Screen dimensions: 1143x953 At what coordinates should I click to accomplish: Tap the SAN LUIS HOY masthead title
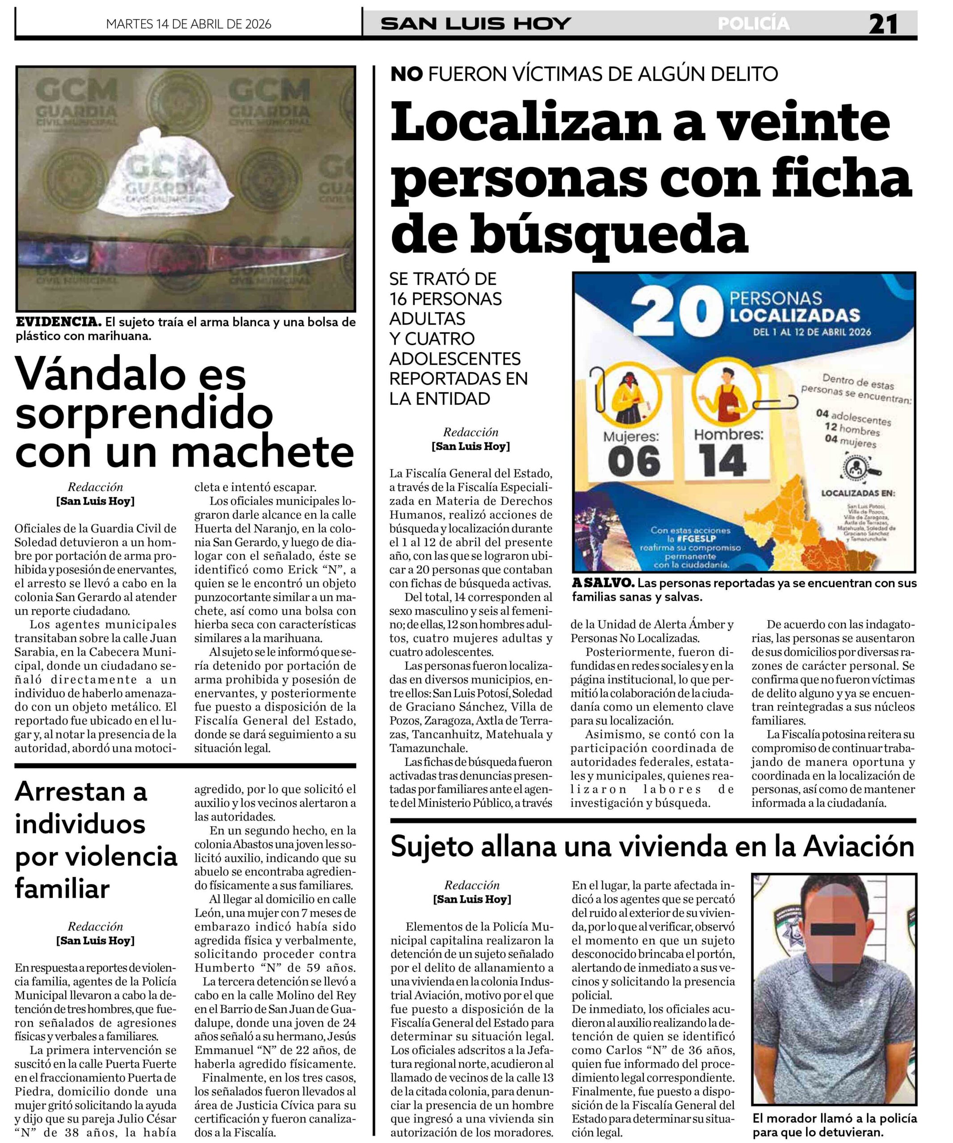(475, 24)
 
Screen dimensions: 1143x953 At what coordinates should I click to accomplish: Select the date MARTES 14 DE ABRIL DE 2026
(189, 25)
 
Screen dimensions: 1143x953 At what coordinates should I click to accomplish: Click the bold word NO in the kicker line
(406, 74)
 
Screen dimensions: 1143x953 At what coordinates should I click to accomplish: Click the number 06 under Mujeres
(634, 462)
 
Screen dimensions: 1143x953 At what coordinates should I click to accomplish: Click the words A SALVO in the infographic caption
(603, 583)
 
